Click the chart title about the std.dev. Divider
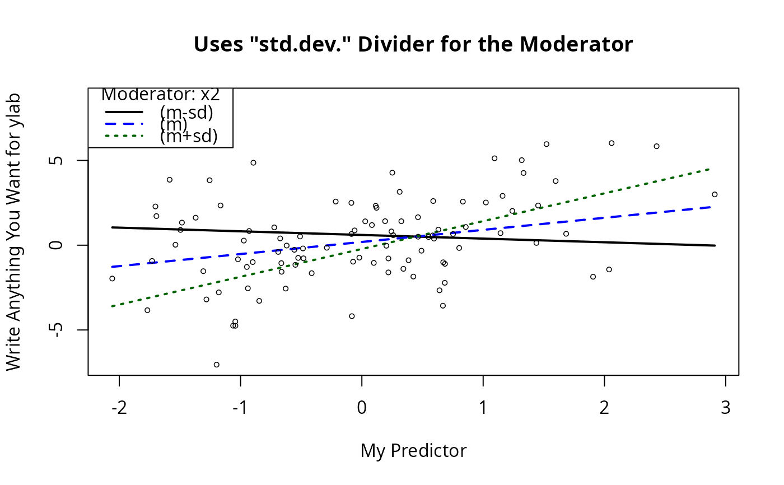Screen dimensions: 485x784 [413, 44]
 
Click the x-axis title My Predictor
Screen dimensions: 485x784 [413, 450]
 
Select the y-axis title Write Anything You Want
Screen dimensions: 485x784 [13, 231]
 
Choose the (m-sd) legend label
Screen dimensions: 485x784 [186, 113]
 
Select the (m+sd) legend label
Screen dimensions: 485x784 [188, 136]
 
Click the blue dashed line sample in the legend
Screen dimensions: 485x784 [124, 124]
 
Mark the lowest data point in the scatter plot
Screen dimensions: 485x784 [217, 365]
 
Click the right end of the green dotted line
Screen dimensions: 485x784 [710, 169]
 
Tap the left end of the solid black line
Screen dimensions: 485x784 [113, 227]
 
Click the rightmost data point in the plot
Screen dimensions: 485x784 [715, 194]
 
